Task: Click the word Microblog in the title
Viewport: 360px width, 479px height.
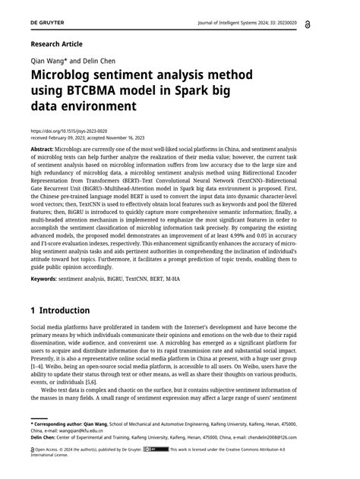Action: click(72, 77)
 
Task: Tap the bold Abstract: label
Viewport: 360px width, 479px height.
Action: click(47, 150)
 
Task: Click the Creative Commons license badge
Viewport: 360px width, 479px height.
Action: click(159, 449)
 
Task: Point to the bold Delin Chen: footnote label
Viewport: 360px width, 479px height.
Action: click(47, 438)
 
